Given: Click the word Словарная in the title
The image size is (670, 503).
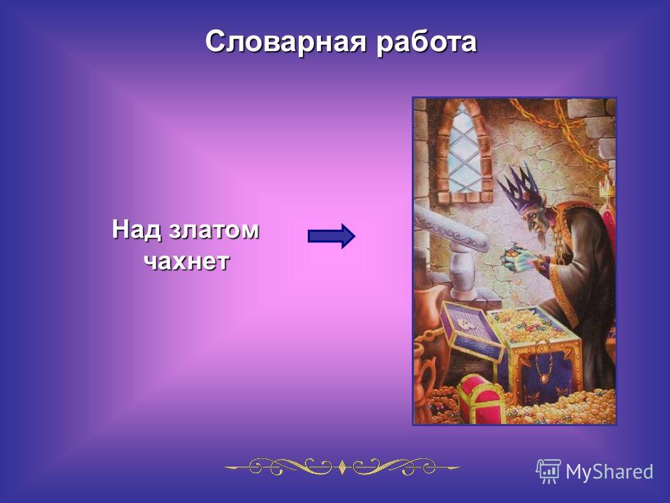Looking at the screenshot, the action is pyautogui.click(x=286, y=42).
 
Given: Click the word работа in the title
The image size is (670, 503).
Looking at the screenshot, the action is pyautogui.click(x=426, y=42).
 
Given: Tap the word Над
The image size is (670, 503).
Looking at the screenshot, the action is pyautogui.click(x=137, y=230).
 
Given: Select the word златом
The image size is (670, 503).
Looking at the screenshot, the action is pyautogui.click(x=214, y=231).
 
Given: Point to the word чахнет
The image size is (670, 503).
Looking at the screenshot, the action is pyautogui.click(x=186, y=261).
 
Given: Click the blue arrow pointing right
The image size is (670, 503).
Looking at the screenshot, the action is pyautogui.click(x=332, y=236).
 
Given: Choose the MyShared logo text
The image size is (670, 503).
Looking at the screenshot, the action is pyautogui.click(x=609, y=472).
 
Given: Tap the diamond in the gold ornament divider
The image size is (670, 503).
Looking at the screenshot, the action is pyautogui.click(x=342, y=467).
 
